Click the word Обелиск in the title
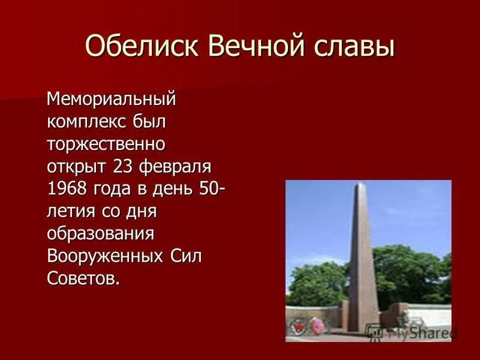(142, 47)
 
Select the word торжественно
(106, 145)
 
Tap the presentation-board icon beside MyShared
(374, 332)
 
